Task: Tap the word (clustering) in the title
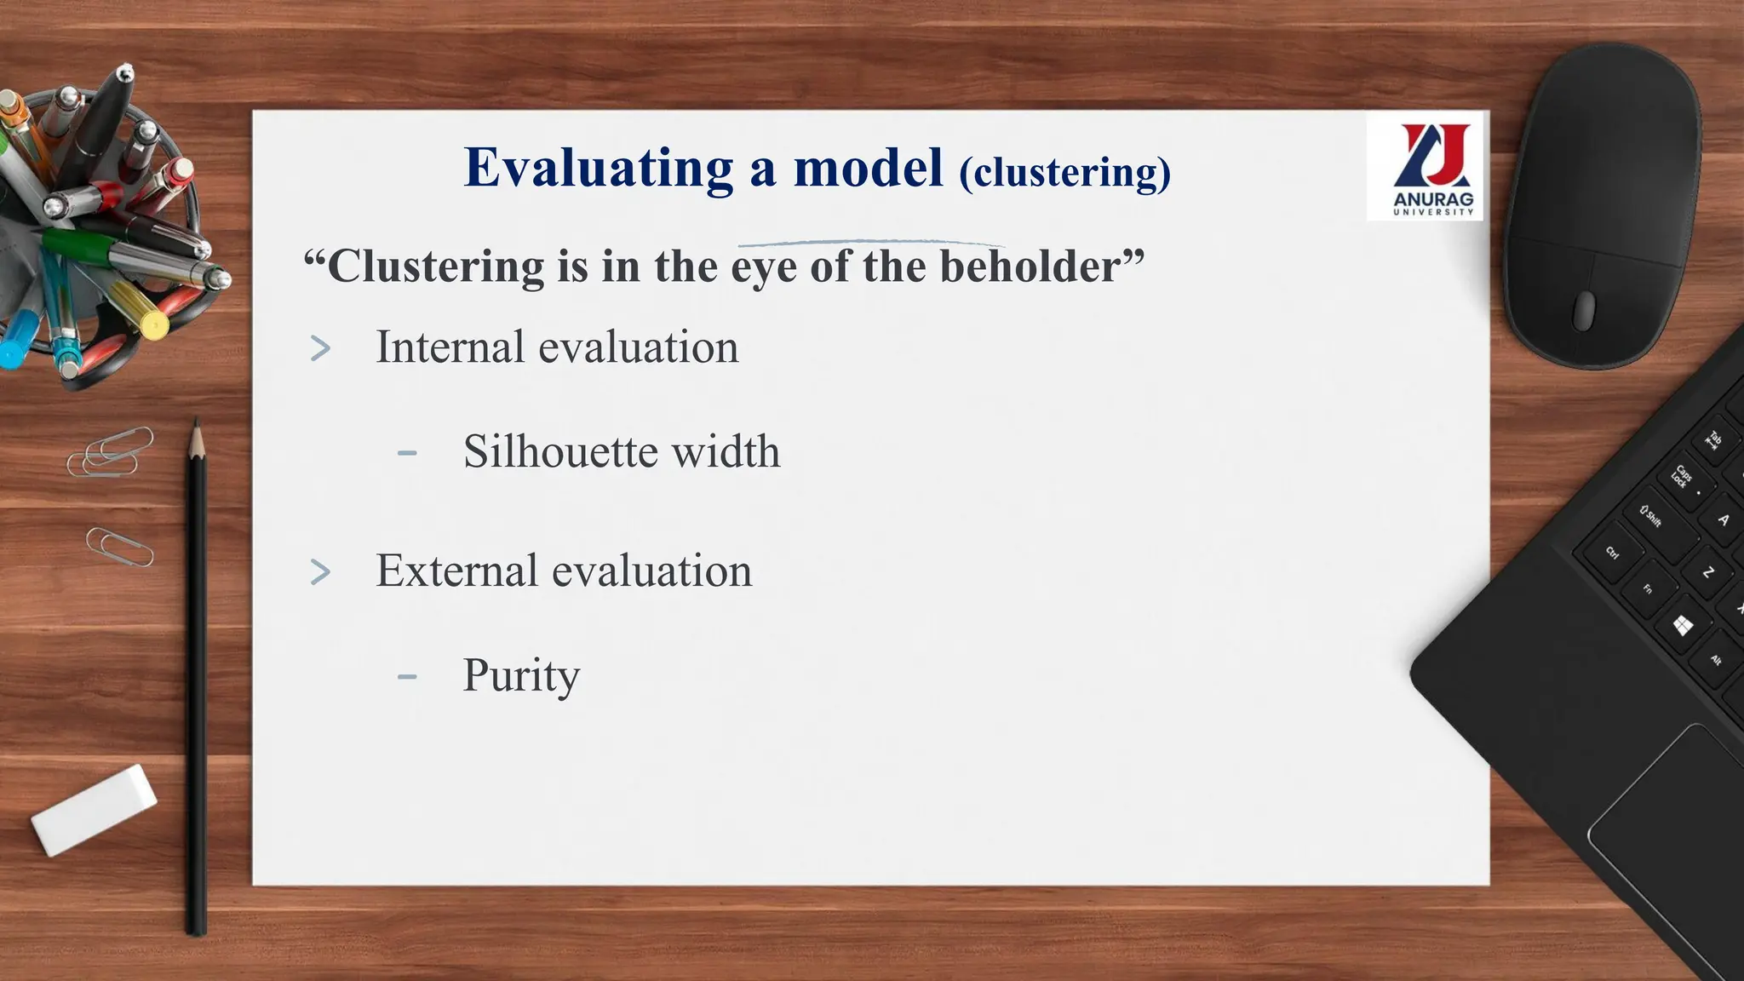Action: point(1064,173)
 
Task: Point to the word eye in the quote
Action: point(764,268)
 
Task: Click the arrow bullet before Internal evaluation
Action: point(320,348)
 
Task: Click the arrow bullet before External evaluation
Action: point(320,571)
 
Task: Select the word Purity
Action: point(521,676)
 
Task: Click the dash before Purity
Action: point(407,677)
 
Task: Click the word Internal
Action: point(450,347)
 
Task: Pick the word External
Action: point(456,571)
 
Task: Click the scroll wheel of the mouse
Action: point(1584,309)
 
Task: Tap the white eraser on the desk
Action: point(94,809)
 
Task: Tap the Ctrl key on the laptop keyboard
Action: point(1612,553)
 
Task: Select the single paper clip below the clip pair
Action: point(119,547)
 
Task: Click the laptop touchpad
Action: point(1669,817)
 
